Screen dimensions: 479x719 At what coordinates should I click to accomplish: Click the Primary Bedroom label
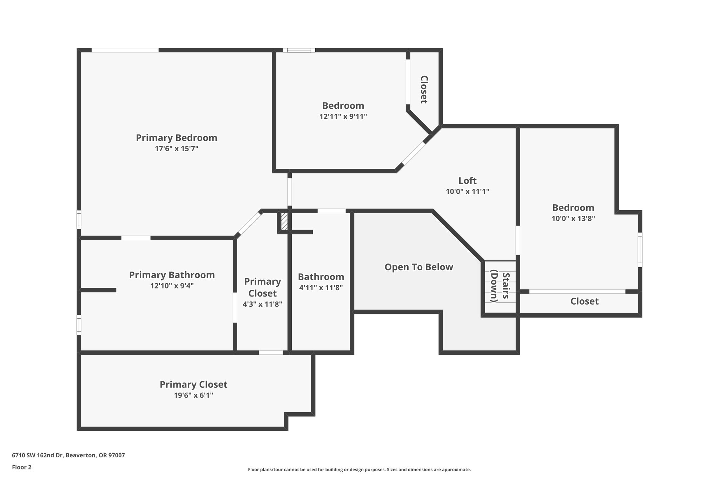click(x=177, y=138)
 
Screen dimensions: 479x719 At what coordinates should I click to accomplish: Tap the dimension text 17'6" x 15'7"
click(x=177, y=149)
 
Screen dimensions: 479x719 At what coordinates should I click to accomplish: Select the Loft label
click(x=467, y=181)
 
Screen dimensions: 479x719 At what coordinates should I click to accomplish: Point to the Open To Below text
click(x=418, y=267)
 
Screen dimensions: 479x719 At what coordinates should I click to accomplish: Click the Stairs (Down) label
click(x=500, y=286)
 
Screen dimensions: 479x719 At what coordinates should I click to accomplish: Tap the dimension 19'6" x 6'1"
click(x=193, y=395)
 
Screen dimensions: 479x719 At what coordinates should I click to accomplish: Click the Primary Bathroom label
click(x=172, y=275)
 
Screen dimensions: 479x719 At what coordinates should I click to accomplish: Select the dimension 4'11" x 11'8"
click(x=321, y=288)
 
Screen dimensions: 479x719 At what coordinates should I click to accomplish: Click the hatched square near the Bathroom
click(x=284, y=222)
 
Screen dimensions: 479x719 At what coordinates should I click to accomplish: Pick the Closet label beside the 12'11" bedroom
click(x=424, y=89)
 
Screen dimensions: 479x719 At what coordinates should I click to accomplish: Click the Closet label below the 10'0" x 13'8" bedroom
click(x=584, y=301)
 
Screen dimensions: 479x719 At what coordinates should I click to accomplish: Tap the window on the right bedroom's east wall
click(x=640, y=250)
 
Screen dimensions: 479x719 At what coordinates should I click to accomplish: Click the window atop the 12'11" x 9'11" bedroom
click(x=299, y=50)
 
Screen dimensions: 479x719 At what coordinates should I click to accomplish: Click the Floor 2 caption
click(x=22, y=467)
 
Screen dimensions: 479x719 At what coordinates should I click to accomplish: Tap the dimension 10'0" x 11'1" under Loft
click(x=467, y=192)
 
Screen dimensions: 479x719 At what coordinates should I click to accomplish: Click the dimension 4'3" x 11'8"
click(x=262, y=304)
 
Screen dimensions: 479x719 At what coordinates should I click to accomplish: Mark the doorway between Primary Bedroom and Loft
click(x=290, y=192)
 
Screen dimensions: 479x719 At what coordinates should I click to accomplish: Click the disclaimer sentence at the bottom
click(x=359, y=470)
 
